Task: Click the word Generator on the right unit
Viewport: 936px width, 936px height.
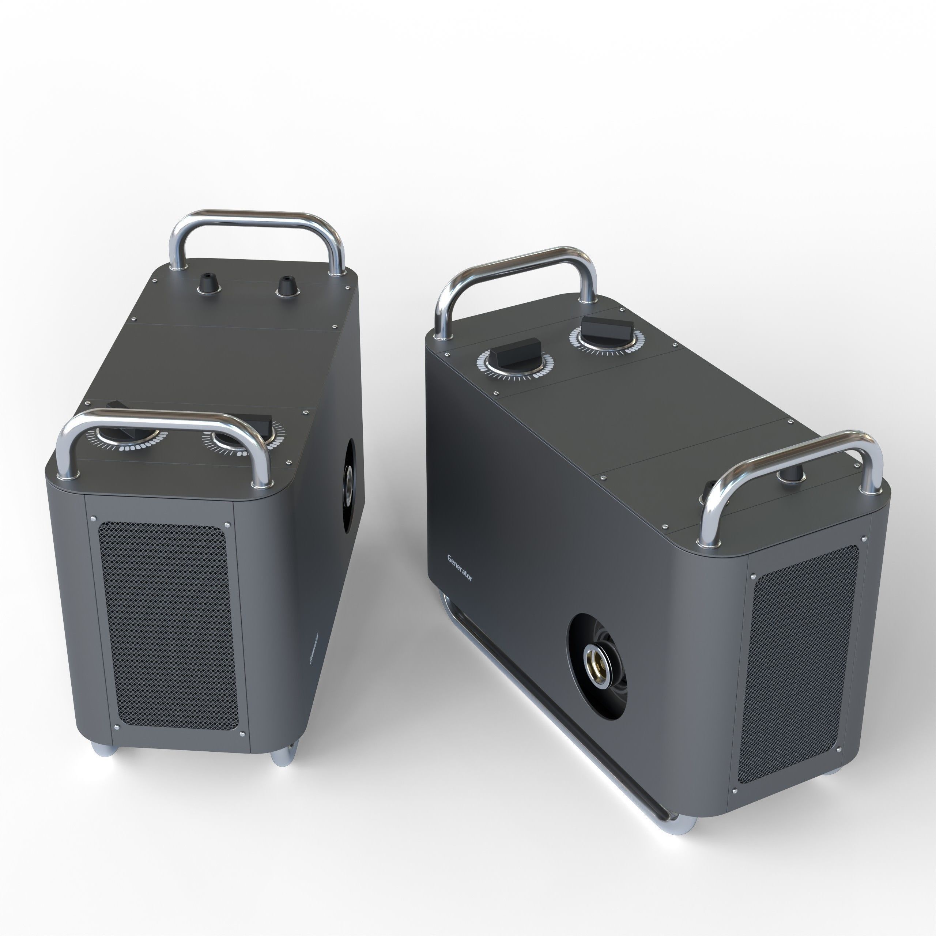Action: (x=459, y=568)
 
